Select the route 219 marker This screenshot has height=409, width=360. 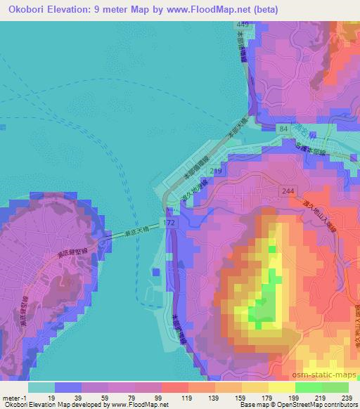tap(216, 171)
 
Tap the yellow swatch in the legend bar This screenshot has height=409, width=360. tap(281, 387)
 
